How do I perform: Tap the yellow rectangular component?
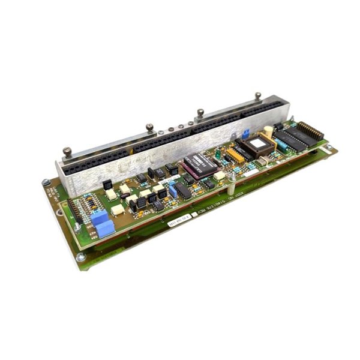pos(235,155)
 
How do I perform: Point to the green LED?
pos(217,154)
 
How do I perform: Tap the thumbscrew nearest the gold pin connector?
pos(258,97)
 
